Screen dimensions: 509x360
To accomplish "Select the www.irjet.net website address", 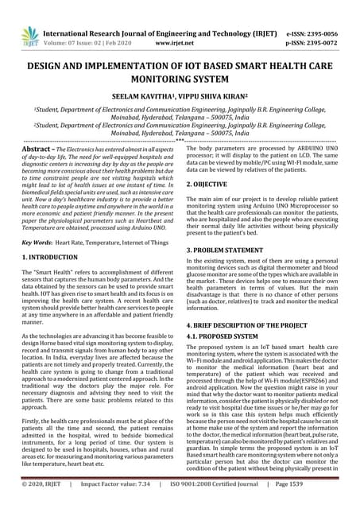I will (171, 36).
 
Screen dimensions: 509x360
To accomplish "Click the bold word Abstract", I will (37, 149).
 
